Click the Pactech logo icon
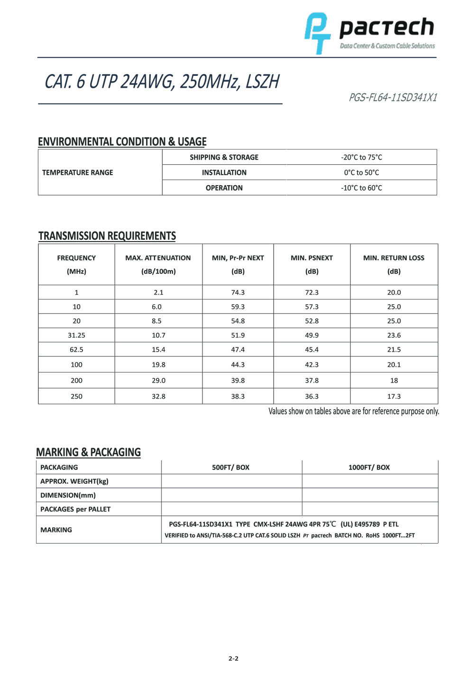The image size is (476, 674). (317, 33)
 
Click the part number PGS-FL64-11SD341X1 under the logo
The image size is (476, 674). (393, 98)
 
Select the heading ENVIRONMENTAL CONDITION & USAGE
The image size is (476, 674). (122, 141)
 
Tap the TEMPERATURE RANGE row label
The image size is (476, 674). (78, 173)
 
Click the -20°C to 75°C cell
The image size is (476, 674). (361, 158)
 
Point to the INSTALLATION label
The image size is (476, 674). (224, 173)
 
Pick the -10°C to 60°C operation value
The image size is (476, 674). (361, 188)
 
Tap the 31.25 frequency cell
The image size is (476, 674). (76, 335)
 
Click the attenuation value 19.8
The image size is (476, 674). (158, 365)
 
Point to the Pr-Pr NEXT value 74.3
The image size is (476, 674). (238, 292)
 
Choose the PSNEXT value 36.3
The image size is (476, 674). (312, 396)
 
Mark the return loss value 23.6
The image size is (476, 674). (394, 335)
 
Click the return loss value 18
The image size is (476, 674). (394, 380)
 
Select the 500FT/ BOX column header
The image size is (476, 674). (231, 468)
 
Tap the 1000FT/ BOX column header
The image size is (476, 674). (369, 468)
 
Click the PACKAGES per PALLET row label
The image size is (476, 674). (75, 509)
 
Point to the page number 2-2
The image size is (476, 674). (233, 658)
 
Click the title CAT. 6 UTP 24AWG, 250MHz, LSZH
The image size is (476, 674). (162, 82)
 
